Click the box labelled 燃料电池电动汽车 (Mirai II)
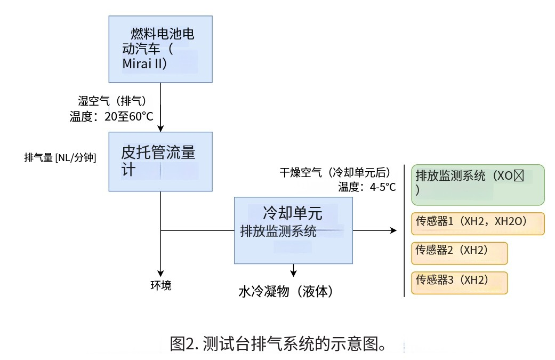pyautogui.click(x=160, y=49)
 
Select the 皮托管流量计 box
pyautogui.click(x=160, y=161)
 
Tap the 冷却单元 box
pyautogui.click(x=293, y=230)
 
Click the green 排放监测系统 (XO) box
pyautogui.click(x=478, y=185)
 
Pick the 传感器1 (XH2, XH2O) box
pyautogui.click(x=478, y=223)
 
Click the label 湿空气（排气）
pyautogui.click(x=112, y=101)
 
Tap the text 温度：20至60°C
pyautogui.click(x=111, y=117)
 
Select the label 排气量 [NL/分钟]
pyautogui.click(x=60, y=157)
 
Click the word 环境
pyautogui.click(x=160, y=285)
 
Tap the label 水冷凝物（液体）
pyautogui.click(x=286, y=292)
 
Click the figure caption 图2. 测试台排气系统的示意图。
pyautogui.click(x=277, y=343)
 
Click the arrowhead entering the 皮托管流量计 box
pyautogui.click(x=160, y=128)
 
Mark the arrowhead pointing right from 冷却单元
pyautogui.click(x=393, y=230)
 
